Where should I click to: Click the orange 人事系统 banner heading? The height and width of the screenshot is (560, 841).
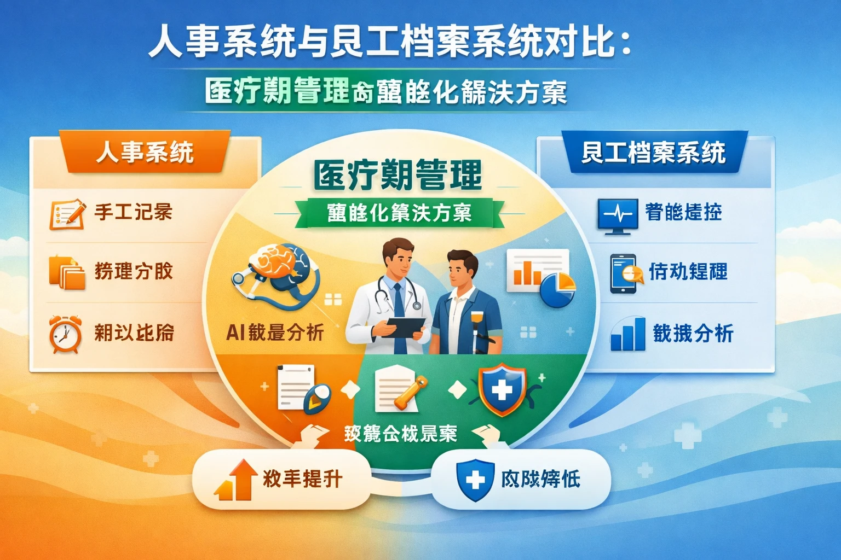click(145, 152)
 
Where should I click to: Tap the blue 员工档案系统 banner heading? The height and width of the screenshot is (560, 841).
click(654, 153)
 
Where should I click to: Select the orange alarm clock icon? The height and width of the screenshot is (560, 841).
click(65, 334)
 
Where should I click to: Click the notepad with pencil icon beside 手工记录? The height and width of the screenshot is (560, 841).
click(67, 214)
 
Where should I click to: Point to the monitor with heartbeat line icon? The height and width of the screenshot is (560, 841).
click(618, 215)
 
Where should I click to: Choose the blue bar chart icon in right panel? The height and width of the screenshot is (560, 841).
click(629, 333)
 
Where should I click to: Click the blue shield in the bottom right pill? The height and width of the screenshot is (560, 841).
click(475, 480)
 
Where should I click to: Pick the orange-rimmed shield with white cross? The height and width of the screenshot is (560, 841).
click(502, 390)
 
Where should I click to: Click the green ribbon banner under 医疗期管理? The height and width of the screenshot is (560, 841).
click(399, 213)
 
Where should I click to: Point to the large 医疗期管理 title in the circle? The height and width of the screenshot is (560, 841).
click(398, 175)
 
